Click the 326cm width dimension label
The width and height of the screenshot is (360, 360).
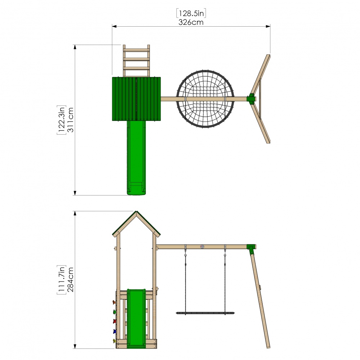(x=191, y=22)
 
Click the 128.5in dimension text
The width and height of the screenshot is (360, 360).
(x=191, y=14)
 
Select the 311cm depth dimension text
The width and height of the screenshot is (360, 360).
(x=71, y=120)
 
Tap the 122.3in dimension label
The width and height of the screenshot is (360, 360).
(x=62, y=120)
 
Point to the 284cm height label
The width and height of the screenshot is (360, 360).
(x=71, y=279)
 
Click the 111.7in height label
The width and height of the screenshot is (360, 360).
(x=62, y=279)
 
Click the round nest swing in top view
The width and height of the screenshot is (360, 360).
(x=206, y=98)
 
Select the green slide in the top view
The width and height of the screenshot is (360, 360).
(x=137, y=158)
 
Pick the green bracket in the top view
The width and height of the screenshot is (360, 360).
(x=251, y=98)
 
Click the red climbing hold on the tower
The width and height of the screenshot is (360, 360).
(x=114, y=321)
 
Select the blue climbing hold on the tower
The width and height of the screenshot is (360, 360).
(x=114, y=331)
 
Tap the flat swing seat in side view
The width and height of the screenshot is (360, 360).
(x=205, y=313)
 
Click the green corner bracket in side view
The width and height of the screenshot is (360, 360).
(x=251, y=248)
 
